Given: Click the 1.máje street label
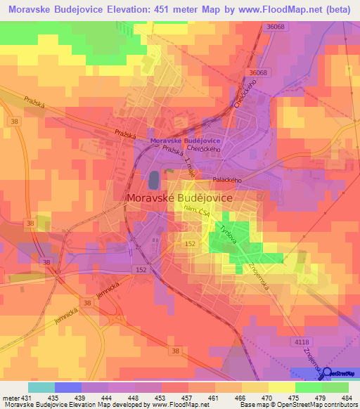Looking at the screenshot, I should (189, 169).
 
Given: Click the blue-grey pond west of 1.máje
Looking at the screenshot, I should (153, 181).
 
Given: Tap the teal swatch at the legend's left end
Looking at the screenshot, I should (41, 387).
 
